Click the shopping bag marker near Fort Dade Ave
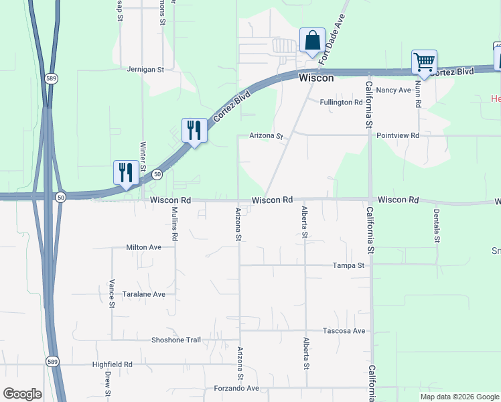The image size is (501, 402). click(313, 41)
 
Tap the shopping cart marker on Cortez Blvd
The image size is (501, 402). click(424, 63)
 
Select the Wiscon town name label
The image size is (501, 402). click(316, 78)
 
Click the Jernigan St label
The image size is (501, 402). click(145, 69)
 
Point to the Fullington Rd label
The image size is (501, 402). click(341, 103)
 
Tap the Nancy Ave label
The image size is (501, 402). click(393, 90)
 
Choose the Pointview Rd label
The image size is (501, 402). click(398, 135)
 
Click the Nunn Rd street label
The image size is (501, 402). click(417, 94)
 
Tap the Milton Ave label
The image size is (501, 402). click(144, 247)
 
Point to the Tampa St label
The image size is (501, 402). click(348, 265)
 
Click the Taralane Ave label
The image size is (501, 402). click(143, 294)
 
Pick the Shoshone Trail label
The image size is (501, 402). click(176, 340)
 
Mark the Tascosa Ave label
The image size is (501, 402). click(344, 331)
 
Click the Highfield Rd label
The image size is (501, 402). click(113, 365)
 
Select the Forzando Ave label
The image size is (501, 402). click(236, 388)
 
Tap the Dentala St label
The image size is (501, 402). click(436, 226)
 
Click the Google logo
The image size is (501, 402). click(22, 394)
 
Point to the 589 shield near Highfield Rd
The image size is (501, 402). click(52, 361)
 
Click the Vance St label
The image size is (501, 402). click(112, 293)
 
